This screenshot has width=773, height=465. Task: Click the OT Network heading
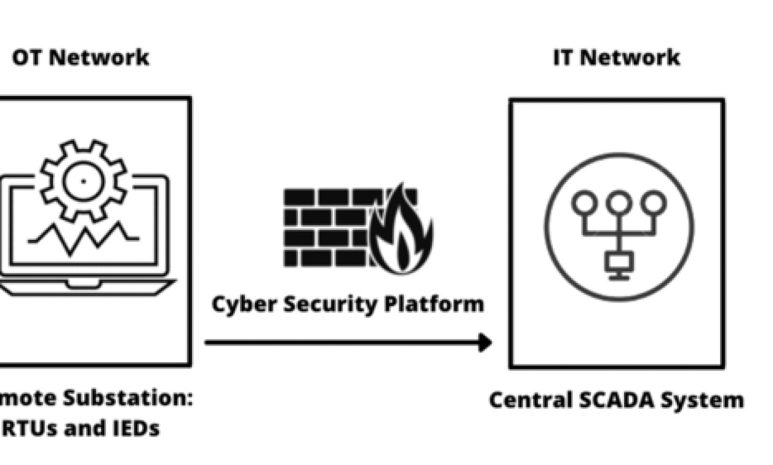(x=81, y=57)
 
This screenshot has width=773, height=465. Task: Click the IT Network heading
(x=617, y=57)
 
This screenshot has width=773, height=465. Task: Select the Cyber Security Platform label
(x=348, y=304)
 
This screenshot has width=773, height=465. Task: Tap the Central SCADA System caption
(x=616, y=400)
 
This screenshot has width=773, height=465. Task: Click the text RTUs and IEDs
(x=80, y=427)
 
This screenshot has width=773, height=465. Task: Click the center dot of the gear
(x=84, y=181)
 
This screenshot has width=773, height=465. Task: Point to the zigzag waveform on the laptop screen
(x=83, y=237)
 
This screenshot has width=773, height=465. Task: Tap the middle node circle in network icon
(x=619, y=202)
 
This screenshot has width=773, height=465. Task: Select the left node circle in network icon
(x=584, y=202)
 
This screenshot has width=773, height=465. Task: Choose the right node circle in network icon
(x=653, y=202)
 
